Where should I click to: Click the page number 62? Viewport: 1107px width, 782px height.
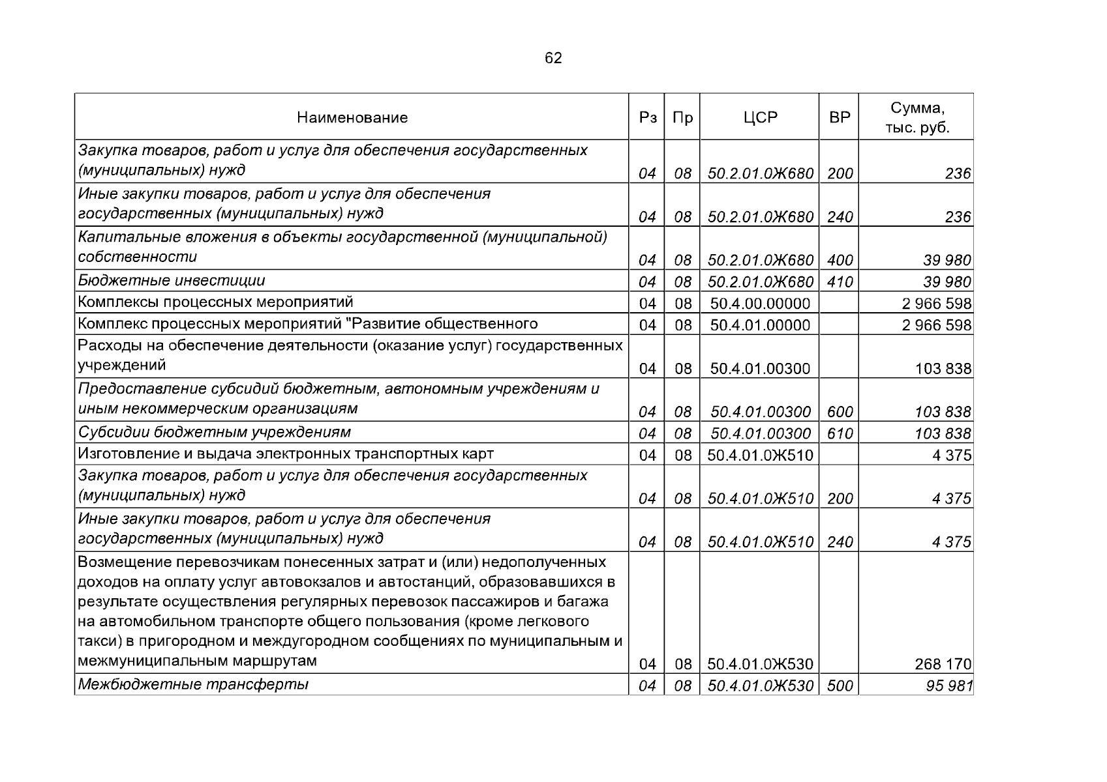(x=553, y=59)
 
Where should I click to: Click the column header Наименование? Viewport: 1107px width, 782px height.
(x=352, y=117)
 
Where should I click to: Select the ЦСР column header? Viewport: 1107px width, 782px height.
(x=760, y=117)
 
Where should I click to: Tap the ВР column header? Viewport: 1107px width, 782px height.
(x=840, y=117)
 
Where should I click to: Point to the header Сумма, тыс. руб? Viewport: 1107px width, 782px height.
(x=917, y=118)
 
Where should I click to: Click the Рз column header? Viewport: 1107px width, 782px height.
(x=647, y=117)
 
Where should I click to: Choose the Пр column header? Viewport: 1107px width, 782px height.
(x=682, y=117)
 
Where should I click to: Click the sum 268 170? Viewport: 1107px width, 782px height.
(x=943, y=664)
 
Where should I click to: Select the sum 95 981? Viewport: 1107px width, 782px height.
(x=949, y=686)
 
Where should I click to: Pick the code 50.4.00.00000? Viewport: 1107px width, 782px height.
(x=760, y=304)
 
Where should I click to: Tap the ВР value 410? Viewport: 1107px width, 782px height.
(x=840, y=282)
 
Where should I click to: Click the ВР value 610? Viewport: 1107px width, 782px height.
(x=840, y=433)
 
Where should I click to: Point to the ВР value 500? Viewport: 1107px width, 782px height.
(x=840, y=686)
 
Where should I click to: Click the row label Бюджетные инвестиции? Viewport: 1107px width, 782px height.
(x=172, y=281)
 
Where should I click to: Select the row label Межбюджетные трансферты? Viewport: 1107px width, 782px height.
(x=193, y=684)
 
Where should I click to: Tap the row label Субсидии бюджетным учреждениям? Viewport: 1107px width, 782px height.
(x=215, y=432)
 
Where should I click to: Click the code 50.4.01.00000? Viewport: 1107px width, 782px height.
(x=760, y=325)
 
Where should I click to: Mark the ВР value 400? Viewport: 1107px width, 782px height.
(x=840, y=260)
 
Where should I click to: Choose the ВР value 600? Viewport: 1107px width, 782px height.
(x=840, y=412)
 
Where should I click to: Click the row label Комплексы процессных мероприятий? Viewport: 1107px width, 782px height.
(x=216, y=302)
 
